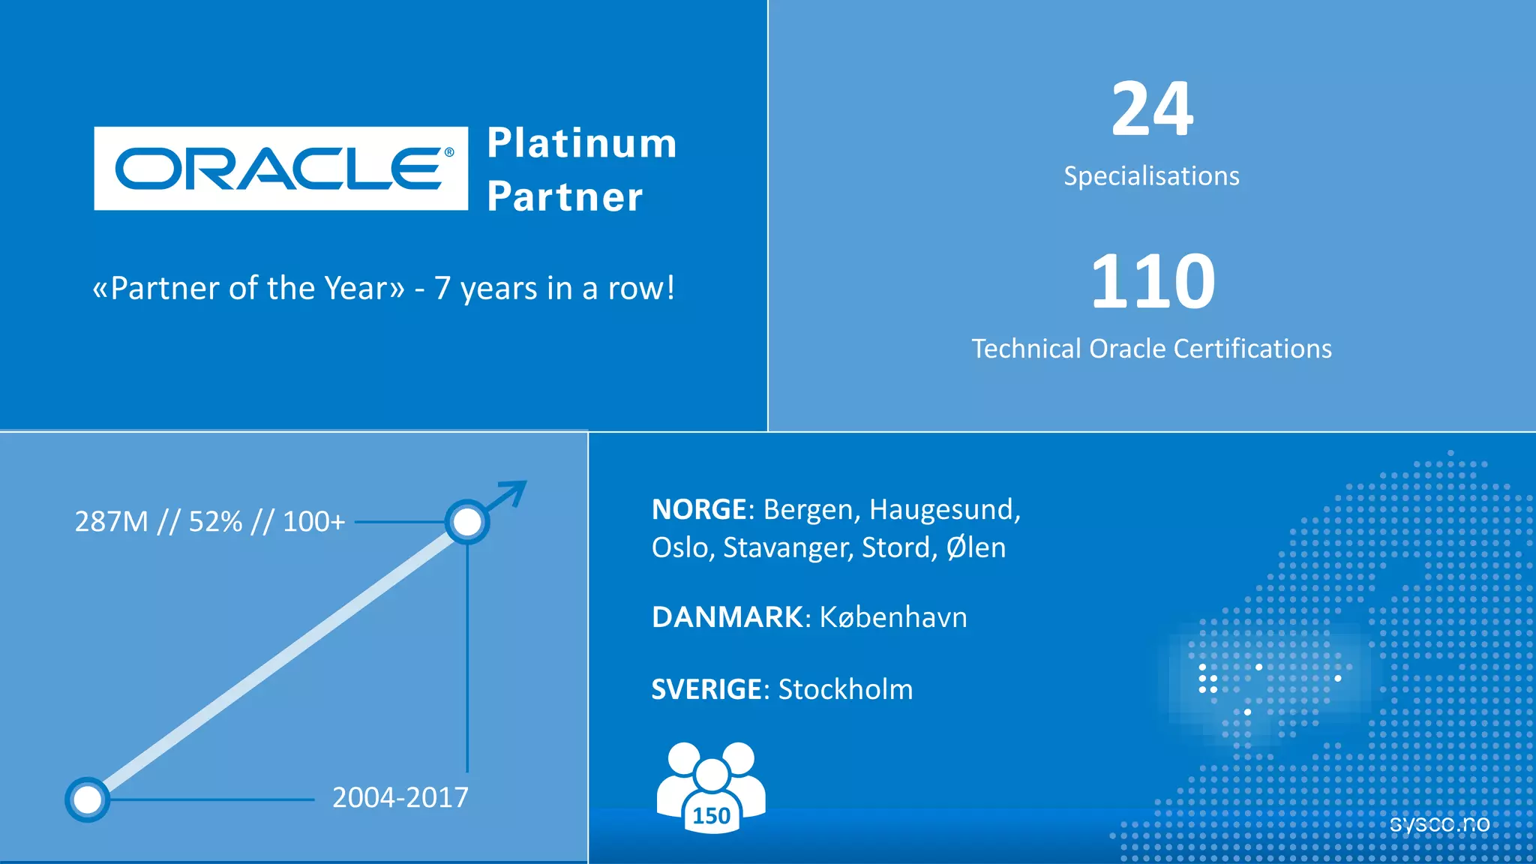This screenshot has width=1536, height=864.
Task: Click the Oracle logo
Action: [281, 168]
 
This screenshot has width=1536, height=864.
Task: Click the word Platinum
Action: [582, 143]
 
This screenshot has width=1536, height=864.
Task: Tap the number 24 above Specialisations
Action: [1152, 109]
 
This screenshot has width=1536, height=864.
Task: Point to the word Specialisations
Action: [1151, 176]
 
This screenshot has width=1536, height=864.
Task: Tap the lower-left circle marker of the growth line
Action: [88, 799]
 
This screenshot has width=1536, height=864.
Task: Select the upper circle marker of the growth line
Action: [467, 522]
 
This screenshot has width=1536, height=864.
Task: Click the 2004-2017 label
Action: [400, 797]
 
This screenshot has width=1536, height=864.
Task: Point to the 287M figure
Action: [112, 521]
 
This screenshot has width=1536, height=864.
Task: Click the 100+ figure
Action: [313, 521]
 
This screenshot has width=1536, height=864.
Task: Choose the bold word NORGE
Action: [698, 510]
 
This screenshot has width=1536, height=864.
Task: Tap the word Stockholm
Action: [845, 689]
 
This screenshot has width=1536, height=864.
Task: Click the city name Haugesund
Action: [944, 510]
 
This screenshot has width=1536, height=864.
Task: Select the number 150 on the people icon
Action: [711, 815]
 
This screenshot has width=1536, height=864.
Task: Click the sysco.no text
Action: [1439, 823]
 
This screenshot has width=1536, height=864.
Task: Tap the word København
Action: [892, 617]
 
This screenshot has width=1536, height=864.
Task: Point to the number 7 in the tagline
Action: [442, 289]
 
